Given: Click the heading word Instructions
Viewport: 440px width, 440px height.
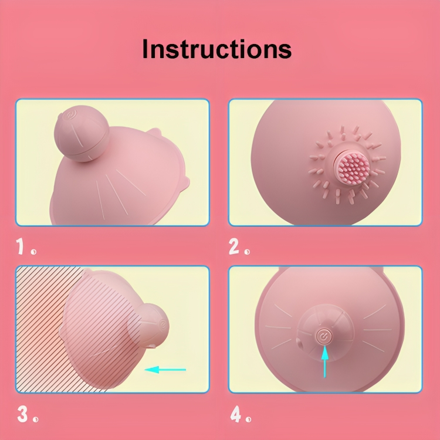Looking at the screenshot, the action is click(x=217, y=49).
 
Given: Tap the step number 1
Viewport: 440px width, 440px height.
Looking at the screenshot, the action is click(x=20, y=246).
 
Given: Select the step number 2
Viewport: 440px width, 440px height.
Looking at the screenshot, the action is click(x=234, y=246).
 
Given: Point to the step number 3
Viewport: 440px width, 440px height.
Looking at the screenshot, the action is click(x=22, y=414).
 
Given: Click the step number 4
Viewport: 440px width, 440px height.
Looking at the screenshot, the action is click(x=236, y=414).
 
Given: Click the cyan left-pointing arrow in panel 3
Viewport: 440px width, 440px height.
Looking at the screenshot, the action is click(x=165, y=370).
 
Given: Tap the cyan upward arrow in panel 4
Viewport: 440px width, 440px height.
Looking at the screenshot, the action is click(x=324, y=362).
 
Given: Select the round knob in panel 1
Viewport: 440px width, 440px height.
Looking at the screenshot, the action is click(x=82, y=134).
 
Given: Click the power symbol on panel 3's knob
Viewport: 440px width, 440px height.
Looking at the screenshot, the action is click(x=163, y=324).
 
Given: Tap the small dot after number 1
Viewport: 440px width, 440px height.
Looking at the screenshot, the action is click(x=33, y=252).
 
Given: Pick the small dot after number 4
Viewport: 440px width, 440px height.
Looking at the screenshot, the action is click(x=248, y=419).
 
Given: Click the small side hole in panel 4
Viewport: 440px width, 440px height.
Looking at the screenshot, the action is click(x=299, y=342).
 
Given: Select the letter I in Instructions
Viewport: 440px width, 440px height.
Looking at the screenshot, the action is click(x=145, y=49).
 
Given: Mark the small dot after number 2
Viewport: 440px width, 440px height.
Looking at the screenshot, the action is click(x=247, y=252).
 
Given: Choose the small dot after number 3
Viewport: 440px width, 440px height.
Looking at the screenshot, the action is click(x=35, y=419).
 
